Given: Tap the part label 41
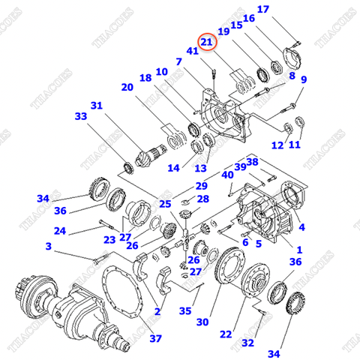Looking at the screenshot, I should tap(193, 51).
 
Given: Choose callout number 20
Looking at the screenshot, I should tap(127, 88).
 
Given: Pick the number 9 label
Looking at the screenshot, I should tap(304, 79).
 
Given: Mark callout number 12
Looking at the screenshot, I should tap(277, 145).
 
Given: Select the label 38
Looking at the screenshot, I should tap(252, 161).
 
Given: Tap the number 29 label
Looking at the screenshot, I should tap(202, 185).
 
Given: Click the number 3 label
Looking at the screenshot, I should tap(48, 246).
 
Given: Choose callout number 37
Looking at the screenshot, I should tap(155, 338).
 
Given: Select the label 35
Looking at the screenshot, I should tap(185, 311).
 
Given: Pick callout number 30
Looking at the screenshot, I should tap(202, 322).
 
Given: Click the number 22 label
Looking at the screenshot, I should tap(226, 333).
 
